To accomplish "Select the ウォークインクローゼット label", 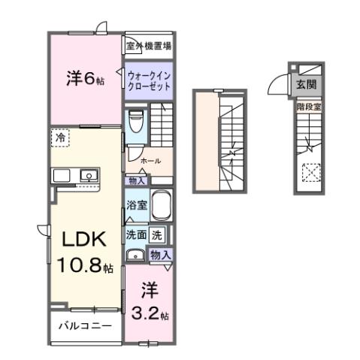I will pos(148,81).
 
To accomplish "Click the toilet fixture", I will pos(136,121).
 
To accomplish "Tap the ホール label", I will pos(150,161).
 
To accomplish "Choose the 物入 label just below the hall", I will pos(136,180).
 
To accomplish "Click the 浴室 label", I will pos(136,204).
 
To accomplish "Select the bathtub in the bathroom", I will pos(162,205).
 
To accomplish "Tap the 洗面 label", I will pos(136,234).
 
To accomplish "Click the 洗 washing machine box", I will pos(156,234).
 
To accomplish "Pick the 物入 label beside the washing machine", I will pos(161,256).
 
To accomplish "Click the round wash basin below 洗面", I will pos(136,254).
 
